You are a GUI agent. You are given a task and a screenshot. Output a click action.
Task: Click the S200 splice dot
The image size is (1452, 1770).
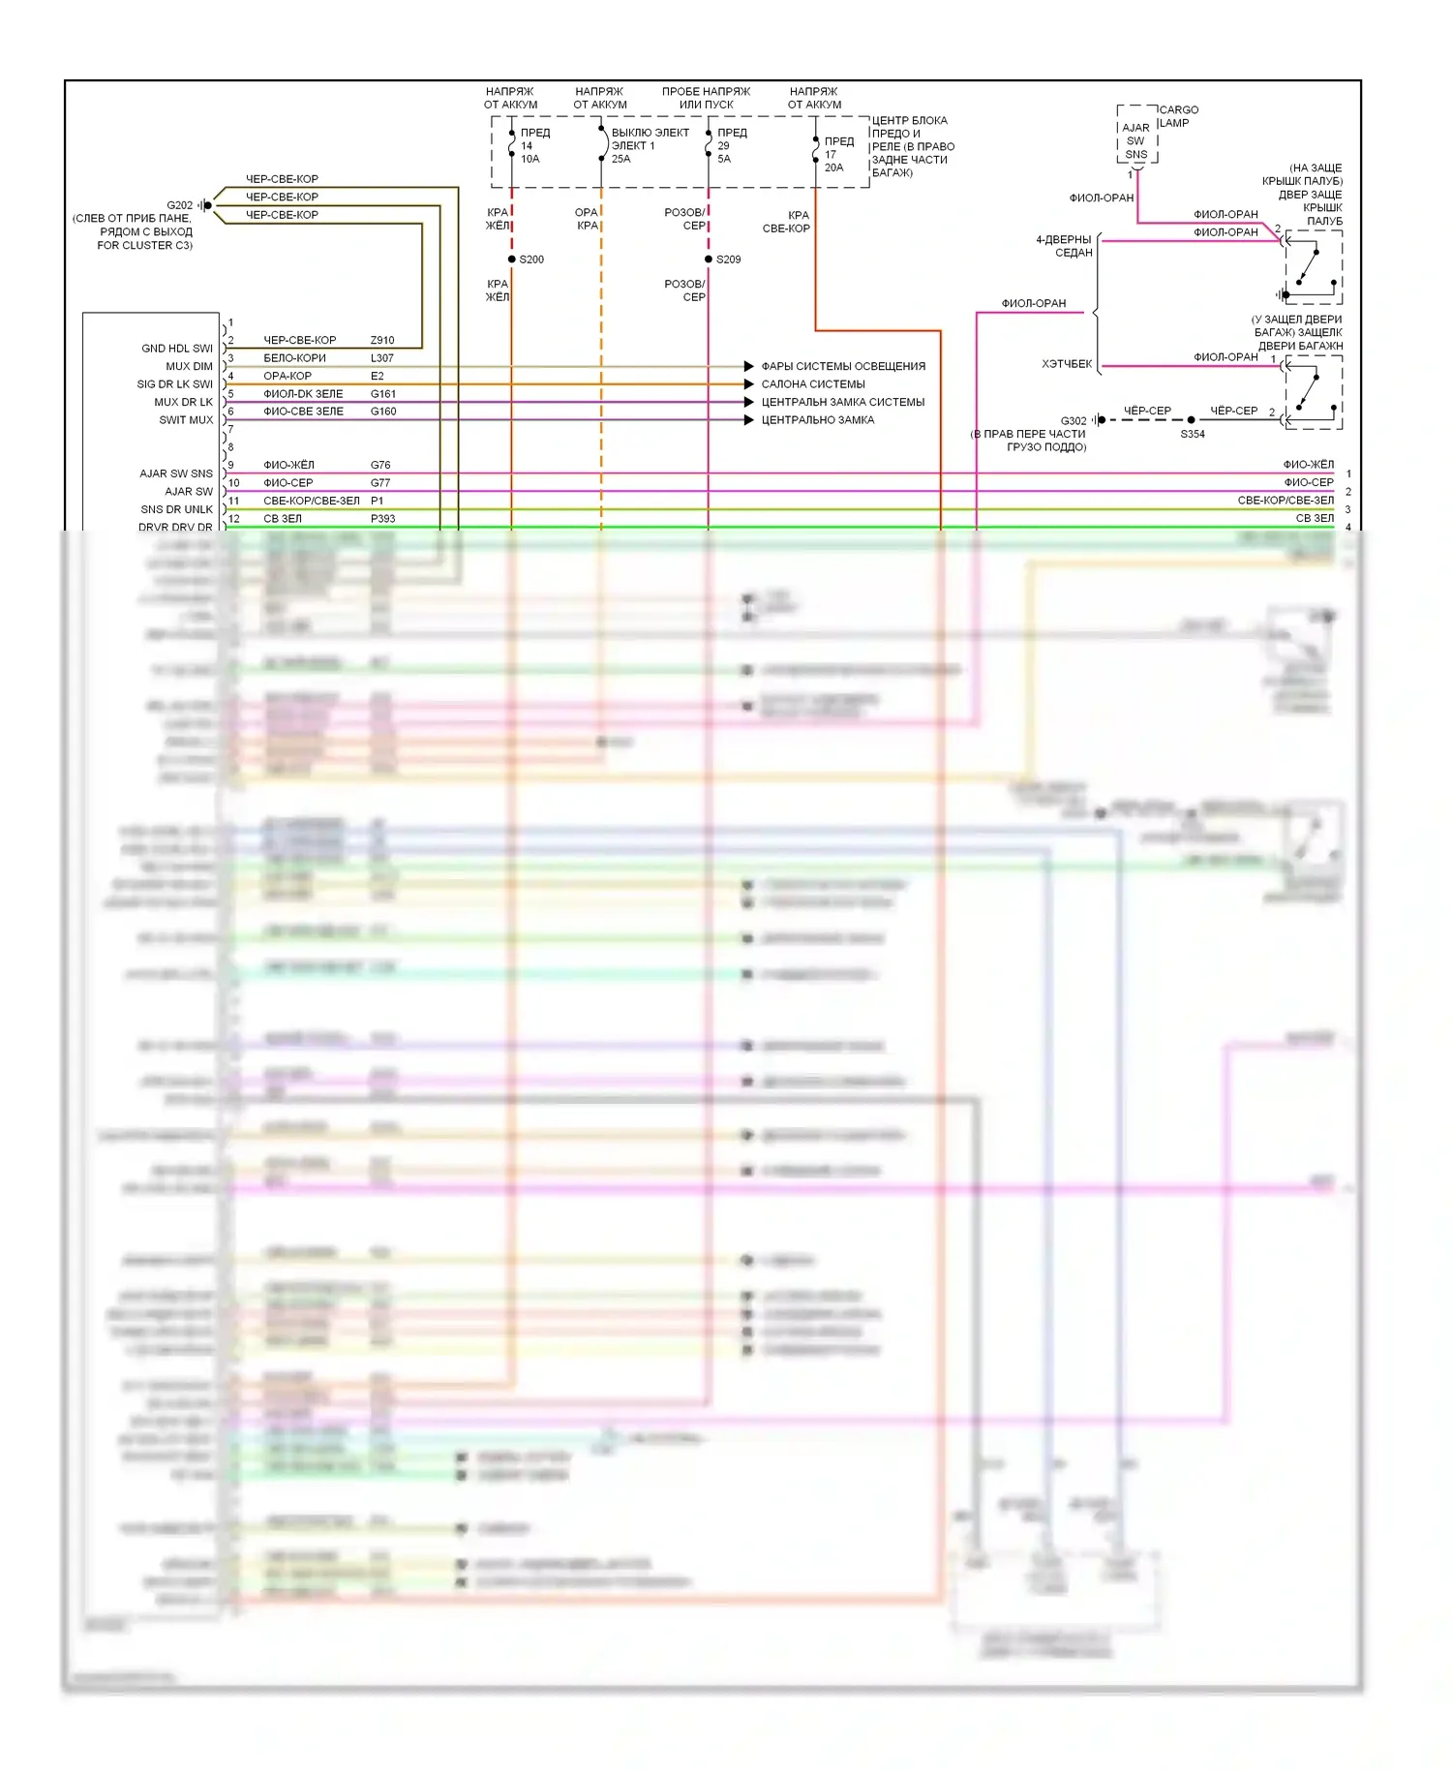pos(512,259)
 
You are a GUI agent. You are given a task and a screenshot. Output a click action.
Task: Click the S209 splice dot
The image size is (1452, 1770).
pos(709,259)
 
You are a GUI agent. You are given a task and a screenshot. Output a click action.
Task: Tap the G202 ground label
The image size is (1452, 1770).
pos(179,205)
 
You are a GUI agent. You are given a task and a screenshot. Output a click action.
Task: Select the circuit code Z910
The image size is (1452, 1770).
pos(382,341)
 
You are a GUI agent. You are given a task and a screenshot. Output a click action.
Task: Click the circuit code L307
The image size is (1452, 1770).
pos(382,358)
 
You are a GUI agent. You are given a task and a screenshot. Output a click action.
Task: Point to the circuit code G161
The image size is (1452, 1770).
pos(383,394)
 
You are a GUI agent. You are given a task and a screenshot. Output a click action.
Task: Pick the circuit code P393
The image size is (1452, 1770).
pos(383,519)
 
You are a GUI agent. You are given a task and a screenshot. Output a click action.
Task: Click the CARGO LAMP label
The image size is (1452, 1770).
pos(1178,116)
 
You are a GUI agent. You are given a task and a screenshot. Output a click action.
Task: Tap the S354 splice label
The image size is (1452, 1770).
pos(1193,435)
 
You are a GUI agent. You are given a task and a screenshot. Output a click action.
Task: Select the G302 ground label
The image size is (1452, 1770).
pos(1074,421)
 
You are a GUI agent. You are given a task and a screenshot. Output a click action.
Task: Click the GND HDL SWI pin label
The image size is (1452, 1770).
pos(177,349)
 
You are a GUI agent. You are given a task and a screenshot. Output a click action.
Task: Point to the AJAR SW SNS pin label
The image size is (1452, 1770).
pos(176,473)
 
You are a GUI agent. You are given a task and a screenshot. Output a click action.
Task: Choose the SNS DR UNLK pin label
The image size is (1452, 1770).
pos(177,509)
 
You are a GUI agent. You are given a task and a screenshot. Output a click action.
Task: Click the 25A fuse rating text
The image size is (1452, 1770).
pos(620,159)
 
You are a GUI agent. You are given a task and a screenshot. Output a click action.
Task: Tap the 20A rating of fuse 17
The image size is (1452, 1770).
pos(833,168)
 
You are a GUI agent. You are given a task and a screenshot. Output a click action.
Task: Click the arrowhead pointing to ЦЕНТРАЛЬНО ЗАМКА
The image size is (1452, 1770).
pos(748,420)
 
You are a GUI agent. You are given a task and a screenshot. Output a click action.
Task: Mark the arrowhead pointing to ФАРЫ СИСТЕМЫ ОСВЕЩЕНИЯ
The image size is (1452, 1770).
pos(748,366)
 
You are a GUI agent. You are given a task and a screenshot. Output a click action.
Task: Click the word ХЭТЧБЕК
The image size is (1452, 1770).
pos(1067,364)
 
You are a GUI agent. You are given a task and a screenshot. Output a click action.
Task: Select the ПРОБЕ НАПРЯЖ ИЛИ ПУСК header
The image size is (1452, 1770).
pos(706,98)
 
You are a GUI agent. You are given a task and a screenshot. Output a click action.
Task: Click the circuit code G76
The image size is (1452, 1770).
pos(380,466)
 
